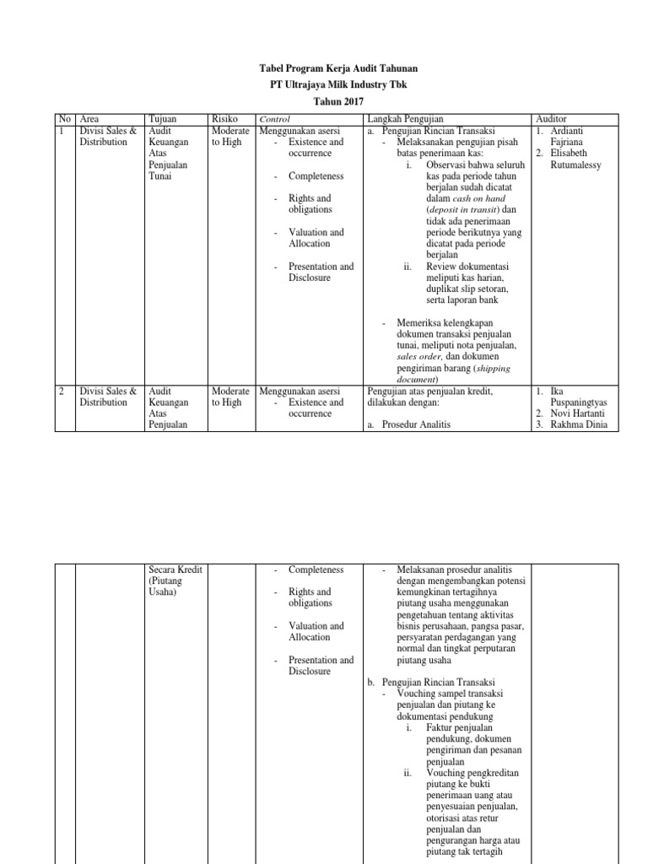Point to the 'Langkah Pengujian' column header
406,120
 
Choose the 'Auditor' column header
553,120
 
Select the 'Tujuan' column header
162,120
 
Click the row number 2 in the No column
61,391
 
